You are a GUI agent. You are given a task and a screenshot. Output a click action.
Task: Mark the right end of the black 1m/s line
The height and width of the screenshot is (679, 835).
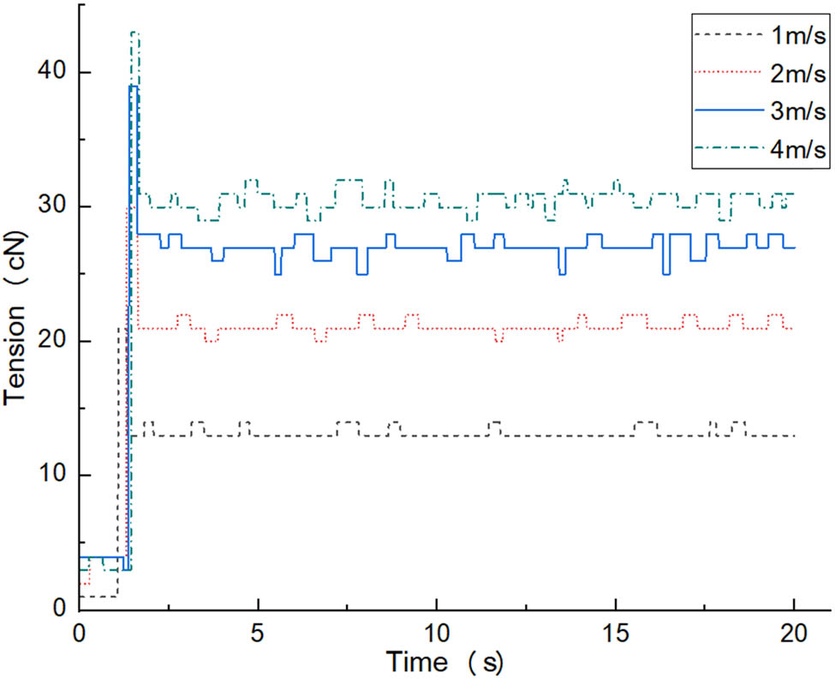tap(795, 436)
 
